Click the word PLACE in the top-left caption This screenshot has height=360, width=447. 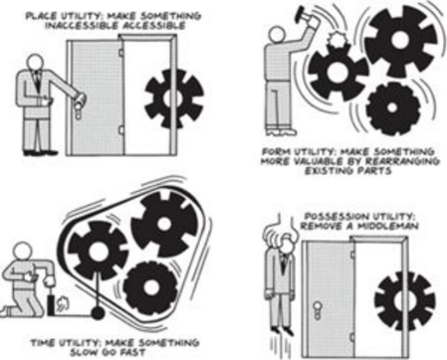coord(40,16)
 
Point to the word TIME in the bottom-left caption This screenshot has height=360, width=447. coord(43,342)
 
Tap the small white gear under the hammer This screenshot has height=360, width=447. coord(336,40)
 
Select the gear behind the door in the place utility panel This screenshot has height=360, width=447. coord(174,98)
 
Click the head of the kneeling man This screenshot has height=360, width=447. coord(23,252)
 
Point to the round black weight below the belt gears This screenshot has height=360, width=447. coord(98,312)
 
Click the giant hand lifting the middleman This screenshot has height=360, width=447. coord(281,230)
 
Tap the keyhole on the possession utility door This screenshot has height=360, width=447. coord(318,310)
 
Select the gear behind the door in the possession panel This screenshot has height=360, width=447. coord(405,300)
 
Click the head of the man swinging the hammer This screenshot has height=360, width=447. coord(277,35)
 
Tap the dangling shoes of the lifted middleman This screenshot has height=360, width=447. coord(281,330)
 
